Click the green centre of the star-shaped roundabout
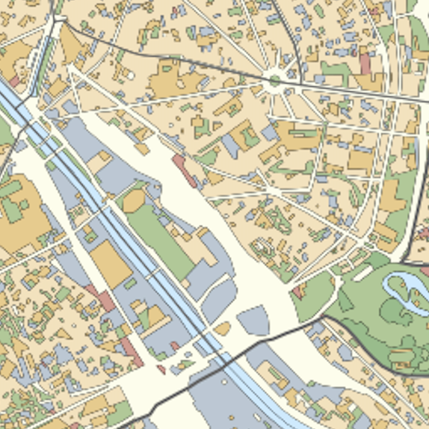coord(275,79)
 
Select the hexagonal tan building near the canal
coord(134,200)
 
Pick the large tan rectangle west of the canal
coord(111,263)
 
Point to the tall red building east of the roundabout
coord(365,63)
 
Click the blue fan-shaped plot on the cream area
coord(254,320)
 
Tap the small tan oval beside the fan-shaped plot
coord(222,328)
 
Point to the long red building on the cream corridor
coord(185,170)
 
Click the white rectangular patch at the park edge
coord(358,259)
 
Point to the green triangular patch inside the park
coord(345,301)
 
